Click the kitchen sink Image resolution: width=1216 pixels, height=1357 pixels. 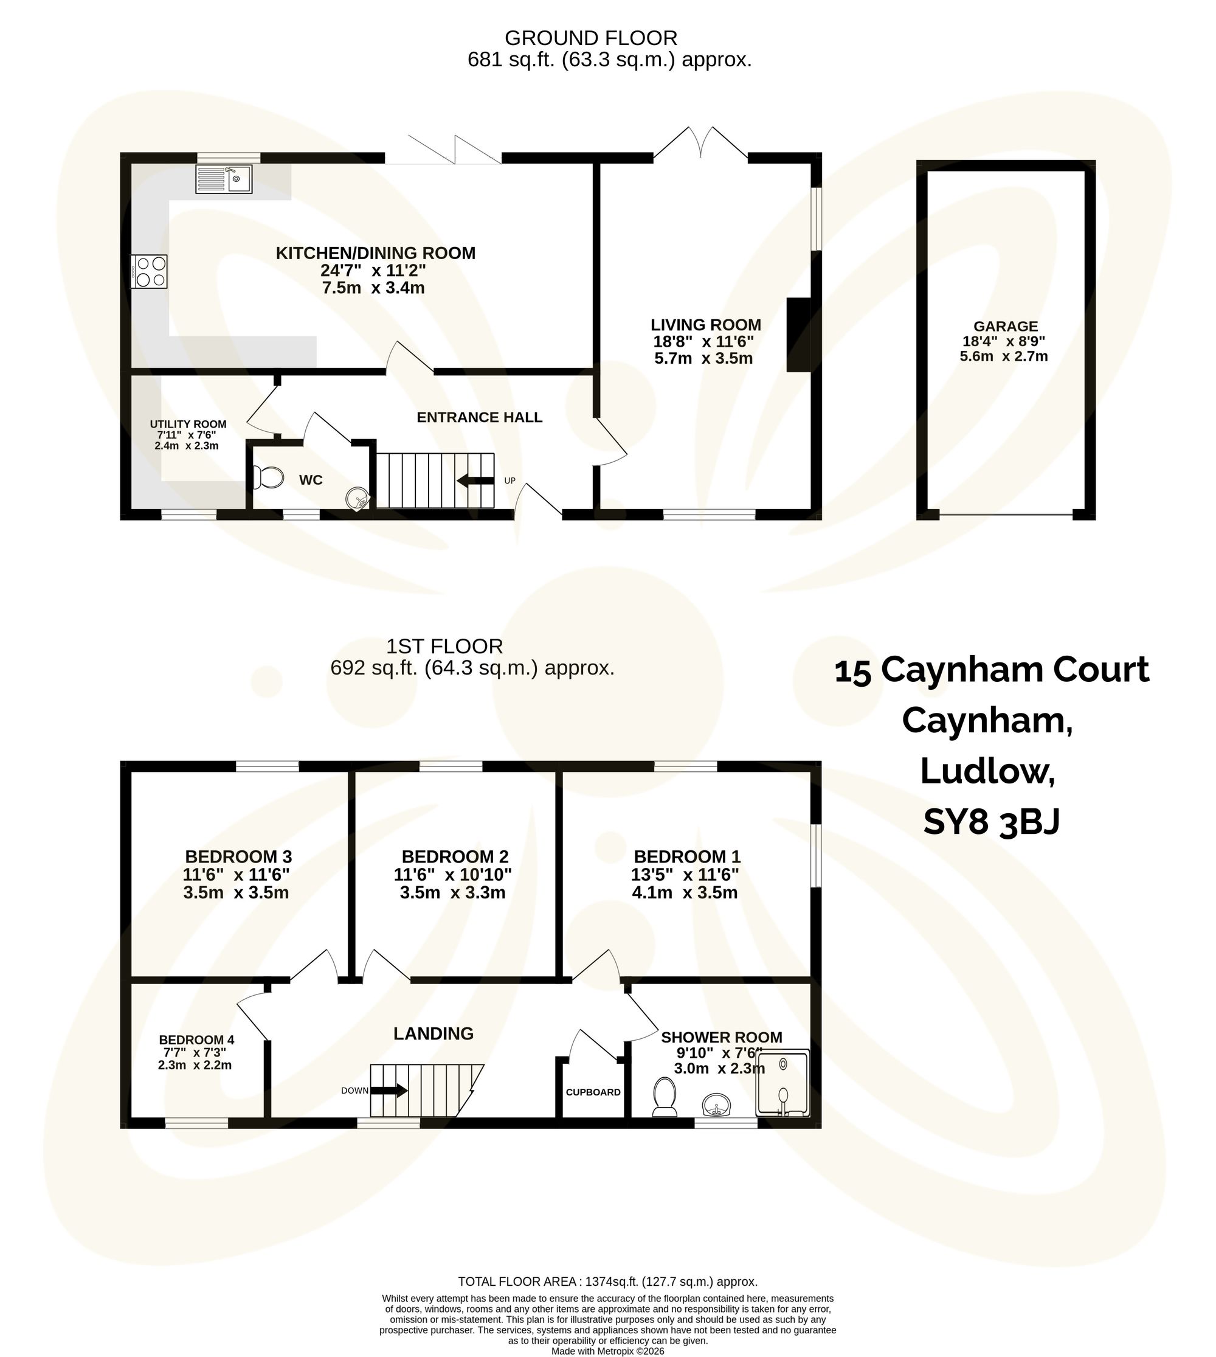pyautogui.click(x=224, y=179)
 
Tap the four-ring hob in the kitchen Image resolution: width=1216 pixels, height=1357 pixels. pyautogui.click(x=150, y=272)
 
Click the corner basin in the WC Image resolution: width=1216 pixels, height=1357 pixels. pyautogui.click(x=358, y=498)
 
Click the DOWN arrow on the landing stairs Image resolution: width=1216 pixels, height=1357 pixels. pyautogui.click(x=389, y=1090)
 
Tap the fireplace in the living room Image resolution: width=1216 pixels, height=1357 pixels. pyautogui.click(x=799, y=335)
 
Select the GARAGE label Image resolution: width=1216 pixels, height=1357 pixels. pyautogui.click(x=1005, y=326)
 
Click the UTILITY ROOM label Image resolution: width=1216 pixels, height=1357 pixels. pyautogui.click(x=188, y=425)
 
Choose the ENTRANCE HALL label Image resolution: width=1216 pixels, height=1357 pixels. pyautogui.click(x=479, y=417)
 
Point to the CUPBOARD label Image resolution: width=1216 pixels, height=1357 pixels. pyautogui.click(x=593, y=1092)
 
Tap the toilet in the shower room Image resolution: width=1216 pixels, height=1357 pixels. pyautogui.click(x=665, y=1095)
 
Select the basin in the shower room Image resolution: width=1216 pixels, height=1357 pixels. pyautogui.click(x=716, y=1103)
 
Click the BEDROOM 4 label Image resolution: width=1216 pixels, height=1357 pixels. pyautogui.click(x=196, y=1040)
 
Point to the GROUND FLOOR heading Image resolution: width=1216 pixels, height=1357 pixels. pyautogui.click(x=590, y=38)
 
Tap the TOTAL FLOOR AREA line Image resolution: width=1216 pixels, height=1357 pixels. pyautogui.click(x=607, y=1282)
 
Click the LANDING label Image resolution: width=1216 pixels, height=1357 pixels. pyautogui.click(x=433, y=1033)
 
